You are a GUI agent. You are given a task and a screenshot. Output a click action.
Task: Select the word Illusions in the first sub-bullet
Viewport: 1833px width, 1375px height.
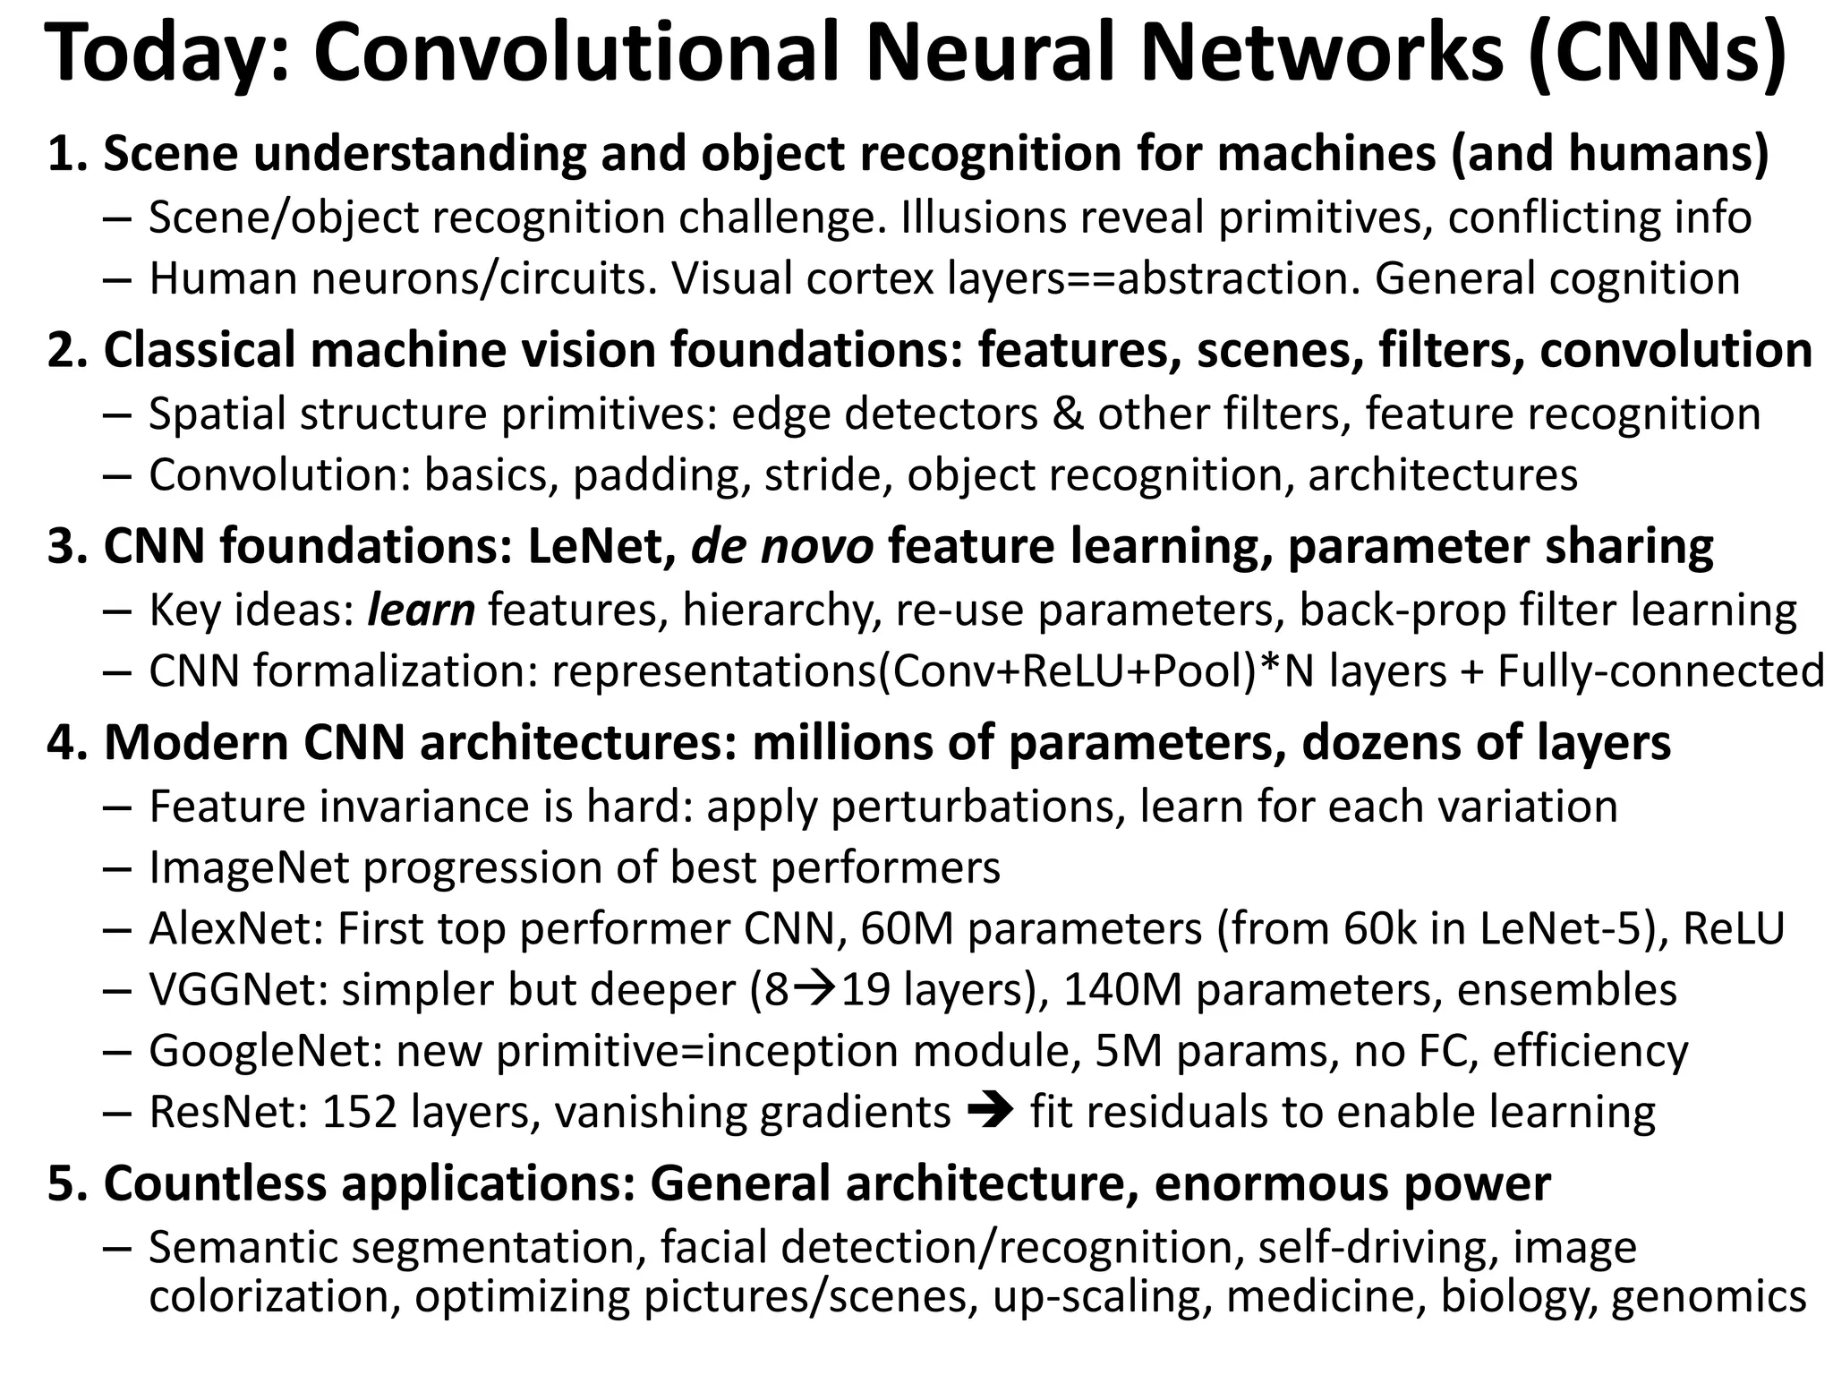(983, 218)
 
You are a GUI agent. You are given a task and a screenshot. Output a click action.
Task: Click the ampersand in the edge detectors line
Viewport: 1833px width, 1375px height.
(1067, 414)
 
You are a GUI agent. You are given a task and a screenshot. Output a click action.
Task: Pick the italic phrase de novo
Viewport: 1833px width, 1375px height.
(782, 546)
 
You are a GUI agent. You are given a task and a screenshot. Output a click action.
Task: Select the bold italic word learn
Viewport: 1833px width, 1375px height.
(421, 611)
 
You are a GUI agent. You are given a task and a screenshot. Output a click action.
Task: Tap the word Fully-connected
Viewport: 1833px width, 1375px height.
(1661, 671)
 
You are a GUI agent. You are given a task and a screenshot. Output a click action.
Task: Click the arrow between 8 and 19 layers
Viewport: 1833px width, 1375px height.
(815, 989)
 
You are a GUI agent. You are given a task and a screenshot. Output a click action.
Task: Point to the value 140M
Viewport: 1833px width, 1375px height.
(1122, 989)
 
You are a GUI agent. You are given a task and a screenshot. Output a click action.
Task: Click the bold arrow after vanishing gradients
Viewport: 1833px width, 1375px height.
(990, 1112)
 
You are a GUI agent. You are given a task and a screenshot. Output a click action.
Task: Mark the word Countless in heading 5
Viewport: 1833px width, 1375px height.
(216, 1183)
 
